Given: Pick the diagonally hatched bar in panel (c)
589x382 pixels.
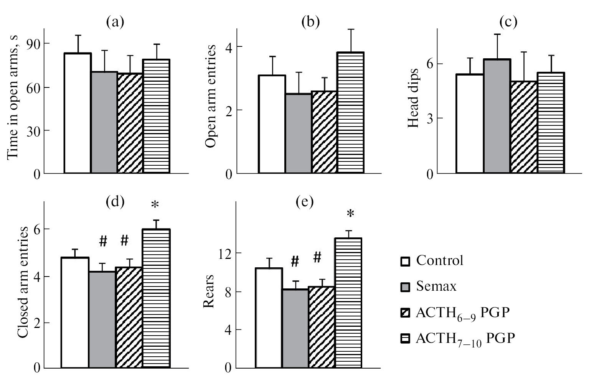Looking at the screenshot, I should pos(524,127).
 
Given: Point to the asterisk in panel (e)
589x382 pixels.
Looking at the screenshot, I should pos(350,214).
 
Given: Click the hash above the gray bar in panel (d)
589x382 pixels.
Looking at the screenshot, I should pos(103,241).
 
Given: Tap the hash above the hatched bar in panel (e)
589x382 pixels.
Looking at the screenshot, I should pos(317,257).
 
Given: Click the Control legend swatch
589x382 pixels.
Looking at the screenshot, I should pos(405,262).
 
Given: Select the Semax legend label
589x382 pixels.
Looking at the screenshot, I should pos(436,286).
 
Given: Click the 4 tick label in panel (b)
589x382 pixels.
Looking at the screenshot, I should pos(229,47).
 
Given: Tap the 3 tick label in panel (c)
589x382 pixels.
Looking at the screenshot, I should pos(429,118).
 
